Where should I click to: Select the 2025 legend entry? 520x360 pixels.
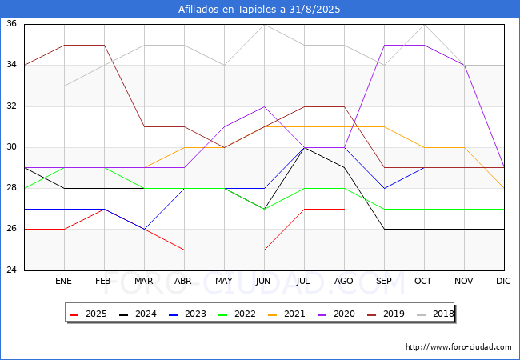coord(88,314)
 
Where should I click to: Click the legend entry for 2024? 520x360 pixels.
coord(138,314)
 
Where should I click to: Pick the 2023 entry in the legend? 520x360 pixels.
coord(187,314)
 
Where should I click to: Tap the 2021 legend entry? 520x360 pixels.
coord(286,314)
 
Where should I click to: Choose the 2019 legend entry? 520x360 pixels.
coord(386,314)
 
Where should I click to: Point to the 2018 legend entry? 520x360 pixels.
coord(435,314)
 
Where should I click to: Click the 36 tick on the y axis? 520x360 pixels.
coord(12,23)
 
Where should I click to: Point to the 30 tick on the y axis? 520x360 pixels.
coord(12,147)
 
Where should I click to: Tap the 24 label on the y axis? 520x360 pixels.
coord(12,270)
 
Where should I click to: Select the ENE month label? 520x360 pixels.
coord(63,281)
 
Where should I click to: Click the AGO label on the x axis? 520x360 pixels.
coord(343,281)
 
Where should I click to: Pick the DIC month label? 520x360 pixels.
coord(503,281)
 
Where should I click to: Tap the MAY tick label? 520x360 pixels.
coord(224,281)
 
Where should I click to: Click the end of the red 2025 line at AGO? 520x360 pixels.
coord(345,209)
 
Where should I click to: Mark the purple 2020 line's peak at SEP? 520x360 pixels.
coord(384,45)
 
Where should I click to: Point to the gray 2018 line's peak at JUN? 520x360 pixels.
coord(264,25)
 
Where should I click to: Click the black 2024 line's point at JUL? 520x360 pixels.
coord(305,147)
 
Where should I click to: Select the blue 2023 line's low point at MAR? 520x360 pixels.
coord(144,229)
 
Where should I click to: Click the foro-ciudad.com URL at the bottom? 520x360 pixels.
coord(458,347)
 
